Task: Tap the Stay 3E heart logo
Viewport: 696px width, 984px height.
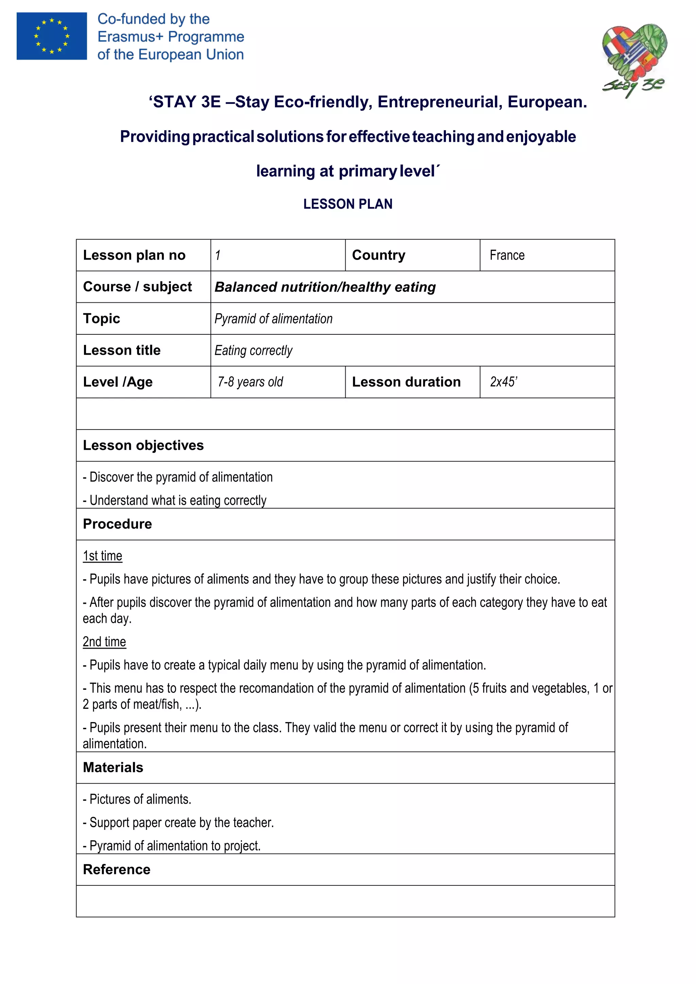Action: click(634, 60)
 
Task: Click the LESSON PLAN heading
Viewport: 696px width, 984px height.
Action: click(348, 204)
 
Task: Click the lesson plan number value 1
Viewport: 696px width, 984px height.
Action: click(218, 256)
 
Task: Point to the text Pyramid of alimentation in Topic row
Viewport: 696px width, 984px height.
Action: click(274, 319)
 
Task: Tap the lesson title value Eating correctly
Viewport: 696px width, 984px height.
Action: click(253, 351)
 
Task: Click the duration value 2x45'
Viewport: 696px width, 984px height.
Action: click(504, 382)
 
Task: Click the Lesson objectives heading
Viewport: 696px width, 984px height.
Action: click(143, 445)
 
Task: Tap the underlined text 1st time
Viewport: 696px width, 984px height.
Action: click(102, 556)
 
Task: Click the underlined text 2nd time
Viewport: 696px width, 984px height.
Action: click(104, 642)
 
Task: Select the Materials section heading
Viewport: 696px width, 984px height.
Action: click(113, 767)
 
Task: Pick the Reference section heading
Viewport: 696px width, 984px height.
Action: click(117, 869)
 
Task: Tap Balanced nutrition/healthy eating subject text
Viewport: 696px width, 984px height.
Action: click(325, 287)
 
